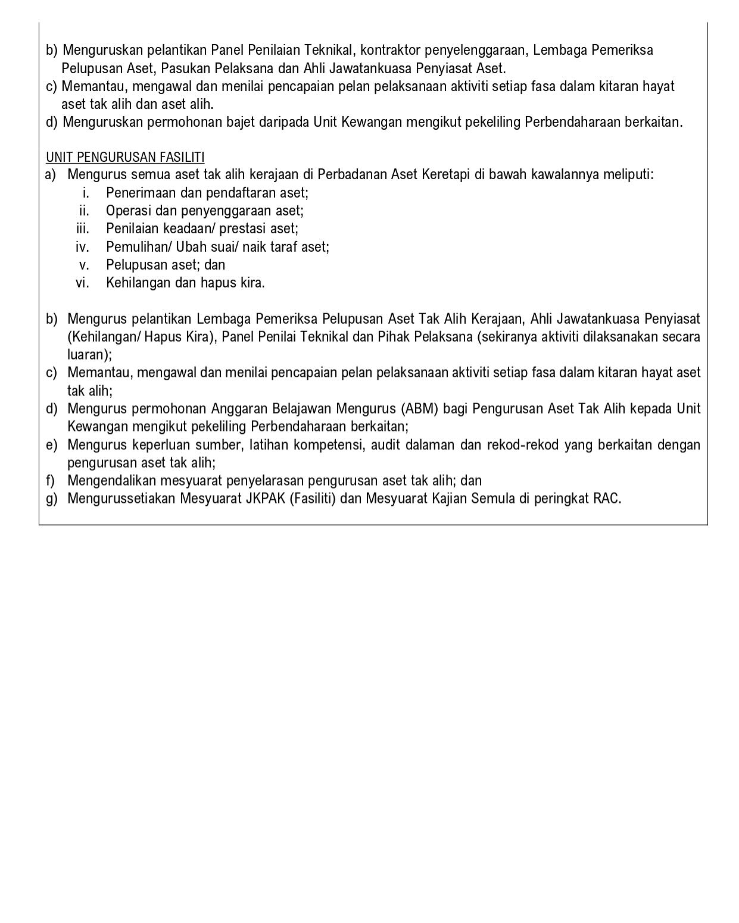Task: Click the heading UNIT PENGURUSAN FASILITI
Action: click(125, 157)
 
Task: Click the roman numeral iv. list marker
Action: click(82, 246)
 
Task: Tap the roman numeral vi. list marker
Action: click(82, 283)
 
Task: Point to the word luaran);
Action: click(89, 355)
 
